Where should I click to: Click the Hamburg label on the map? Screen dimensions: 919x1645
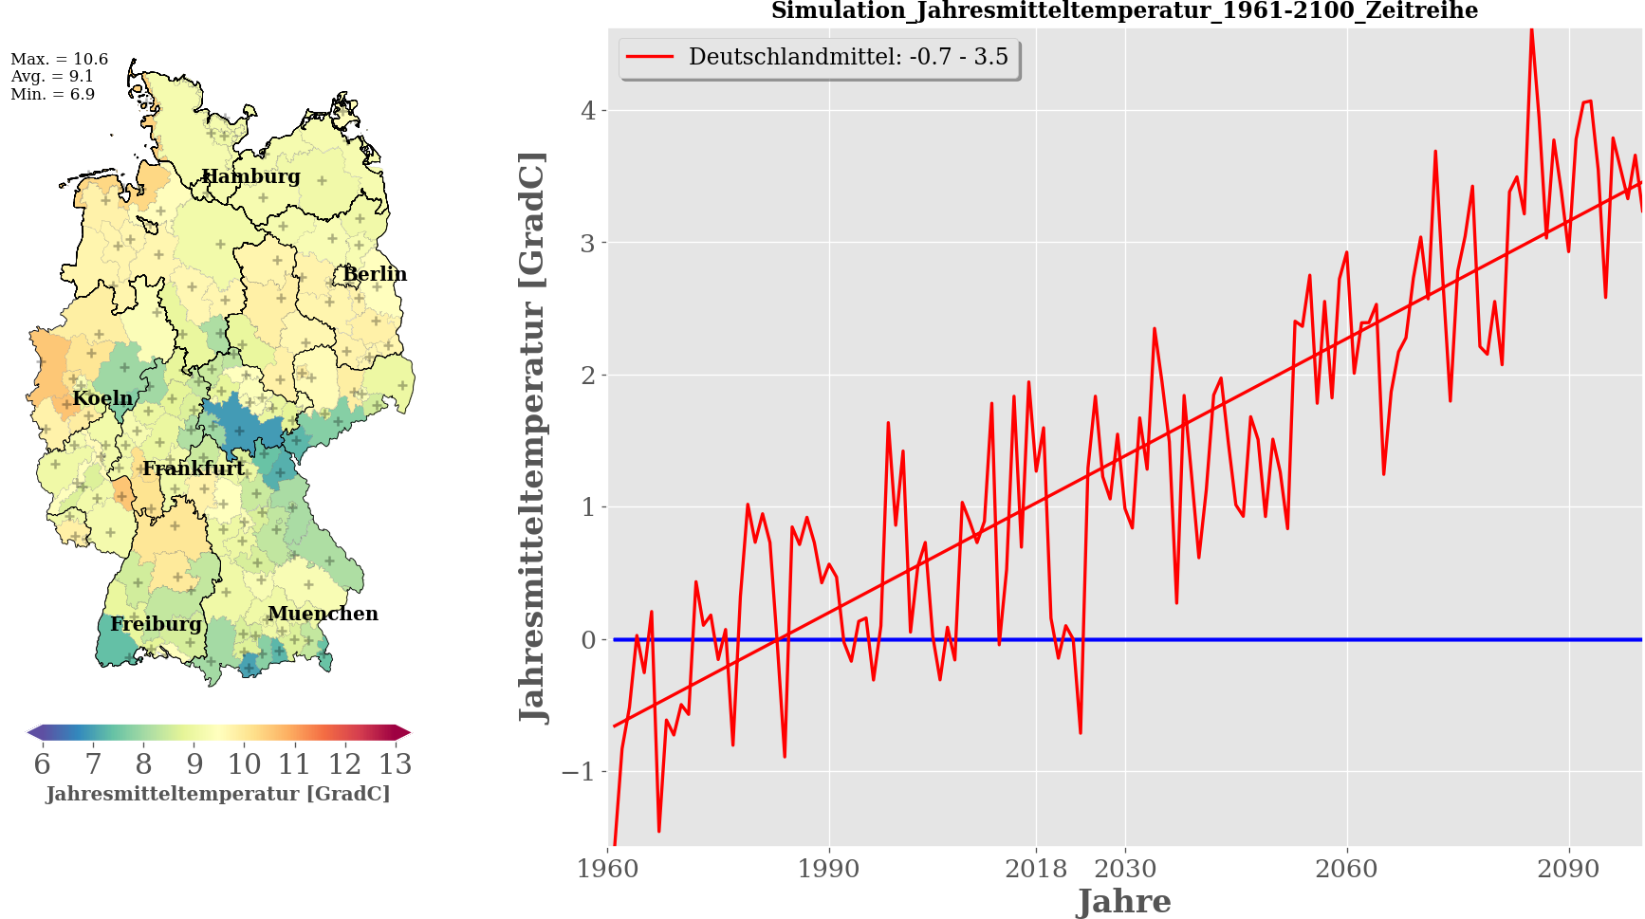click(250, 176)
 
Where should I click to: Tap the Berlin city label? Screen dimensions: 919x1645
click(375, 274)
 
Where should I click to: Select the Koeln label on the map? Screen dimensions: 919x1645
click(102, 398)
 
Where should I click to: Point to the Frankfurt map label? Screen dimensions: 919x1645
click(194, 469)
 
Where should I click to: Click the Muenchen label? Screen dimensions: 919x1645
click(323, 614)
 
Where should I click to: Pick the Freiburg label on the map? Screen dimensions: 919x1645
click(156, 624)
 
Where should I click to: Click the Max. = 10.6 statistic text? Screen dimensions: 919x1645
click(59, 60)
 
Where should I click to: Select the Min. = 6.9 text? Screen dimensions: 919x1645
click(53, 95)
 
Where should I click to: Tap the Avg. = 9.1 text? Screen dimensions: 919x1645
click(52, 77)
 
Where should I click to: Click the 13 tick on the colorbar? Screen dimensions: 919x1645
click(396, 764)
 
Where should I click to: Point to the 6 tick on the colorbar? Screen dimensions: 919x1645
click(42, 764)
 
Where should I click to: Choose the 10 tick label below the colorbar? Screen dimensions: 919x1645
click(244, 764)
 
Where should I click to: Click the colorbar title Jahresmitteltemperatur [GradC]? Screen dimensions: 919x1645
click(218, 794)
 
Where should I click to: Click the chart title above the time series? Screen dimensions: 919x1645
click(1124, 11)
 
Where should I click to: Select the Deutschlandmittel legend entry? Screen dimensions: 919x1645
click(820, 57)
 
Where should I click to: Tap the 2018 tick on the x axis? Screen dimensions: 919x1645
click(1036, 869)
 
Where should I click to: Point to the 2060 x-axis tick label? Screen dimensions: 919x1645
click(1346, 869)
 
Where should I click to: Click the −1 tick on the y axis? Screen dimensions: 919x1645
click(578, 772)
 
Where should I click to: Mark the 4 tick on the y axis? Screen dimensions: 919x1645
click(588, 111)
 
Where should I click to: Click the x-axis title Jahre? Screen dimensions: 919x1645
click(1124, 901)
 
